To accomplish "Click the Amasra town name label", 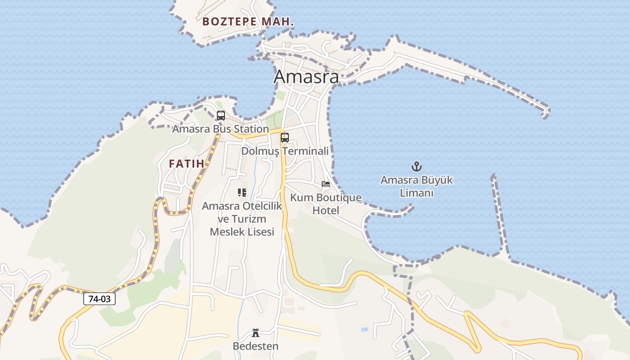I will click(x=306, y=77).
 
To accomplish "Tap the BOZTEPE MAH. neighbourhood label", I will click(x=248, y=22).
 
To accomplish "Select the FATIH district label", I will click(x=186, y=164).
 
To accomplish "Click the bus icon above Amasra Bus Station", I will click(x=220, y=116).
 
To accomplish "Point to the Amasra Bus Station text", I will click(x=220, y=129).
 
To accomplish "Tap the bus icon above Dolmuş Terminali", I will click(x=284, y=138).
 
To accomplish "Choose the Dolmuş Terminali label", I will click(x=285, y=151).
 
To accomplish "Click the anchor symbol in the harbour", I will click(x=417, y=166).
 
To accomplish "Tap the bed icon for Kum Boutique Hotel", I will click(x=325, y=184).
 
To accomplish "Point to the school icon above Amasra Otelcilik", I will click(x=242, y=193).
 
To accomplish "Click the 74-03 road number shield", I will click(x=99, y=298).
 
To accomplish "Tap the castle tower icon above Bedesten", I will click(x=256, y=333).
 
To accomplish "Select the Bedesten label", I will click(x=256, y=346).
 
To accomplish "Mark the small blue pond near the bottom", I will click(x=364, y=329).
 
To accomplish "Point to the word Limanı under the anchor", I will click(x=417, y=193).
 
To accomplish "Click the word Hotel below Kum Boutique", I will click(x=326, y=211).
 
